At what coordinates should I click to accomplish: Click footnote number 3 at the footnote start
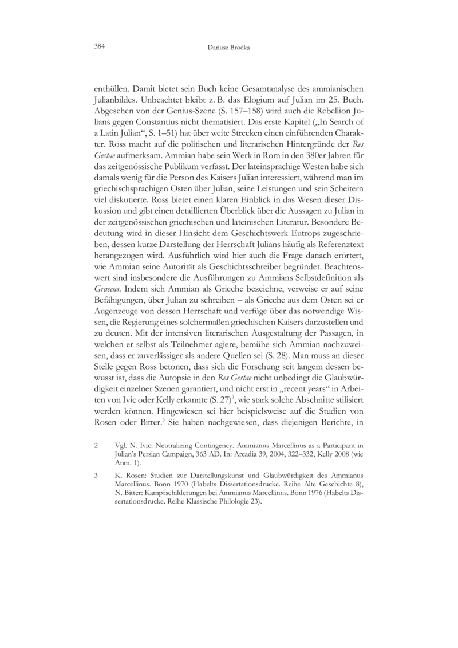[96, 476]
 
